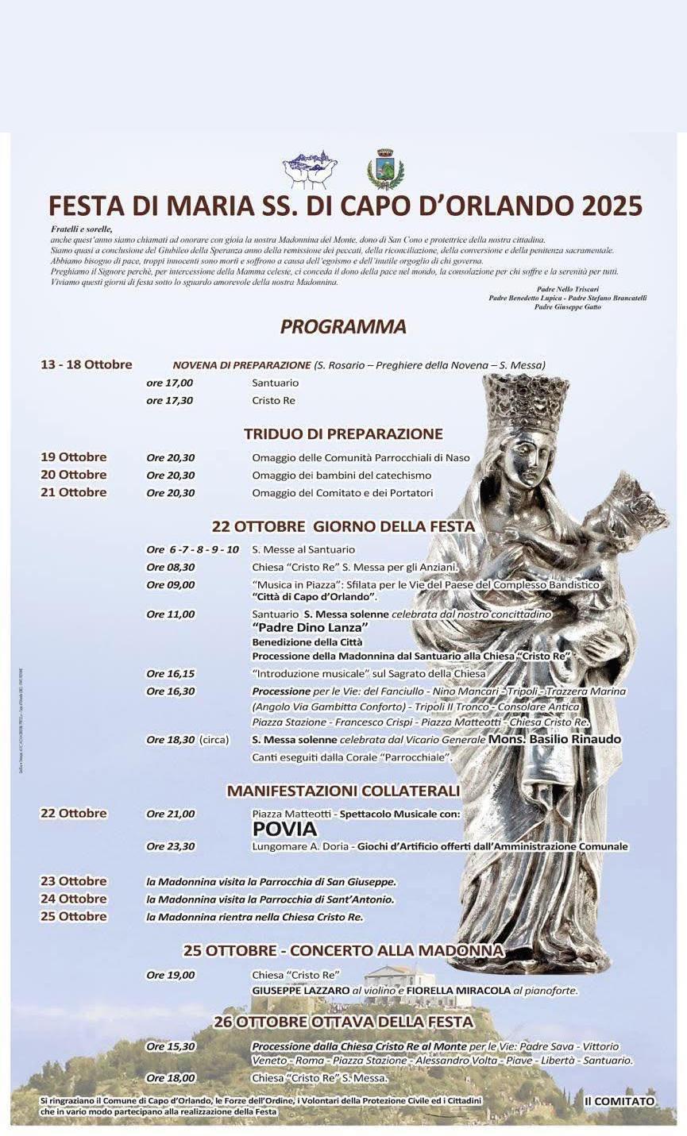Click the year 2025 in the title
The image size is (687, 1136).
point(611,206)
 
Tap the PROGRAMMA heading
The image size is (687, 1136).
point(342,326)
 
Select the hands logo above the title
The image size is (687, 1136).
point(310,170)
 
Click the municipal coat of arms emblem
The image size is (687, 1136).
point(385,169)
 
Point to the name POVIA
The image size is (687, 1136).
point(284,830)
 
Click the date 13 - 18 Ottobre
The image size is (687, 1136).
point(87,365)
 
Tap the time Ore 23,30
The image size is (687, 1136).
point(170,847)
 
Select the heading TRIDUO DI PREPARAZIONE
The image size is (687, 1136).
point(343,434)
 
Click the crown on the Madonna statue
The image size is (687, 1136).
point(526,402)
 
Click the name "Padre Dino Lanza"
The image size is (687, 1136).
point(311,628)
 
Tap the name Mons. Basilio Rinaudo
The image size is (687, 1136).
point(554,740)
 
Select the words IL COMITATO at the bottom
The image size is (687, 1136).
point(619,1101)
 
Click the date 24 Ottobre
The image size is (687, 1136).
point(73,899)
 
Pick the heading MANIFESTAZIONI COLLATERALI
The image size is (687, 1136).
point(343,791)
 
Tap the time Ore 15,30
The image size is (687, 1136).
point(170,1047)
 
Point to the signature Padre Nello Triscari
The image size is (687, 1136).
point(568,290)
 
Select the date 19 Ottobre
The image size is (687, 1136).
point(73,457)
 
